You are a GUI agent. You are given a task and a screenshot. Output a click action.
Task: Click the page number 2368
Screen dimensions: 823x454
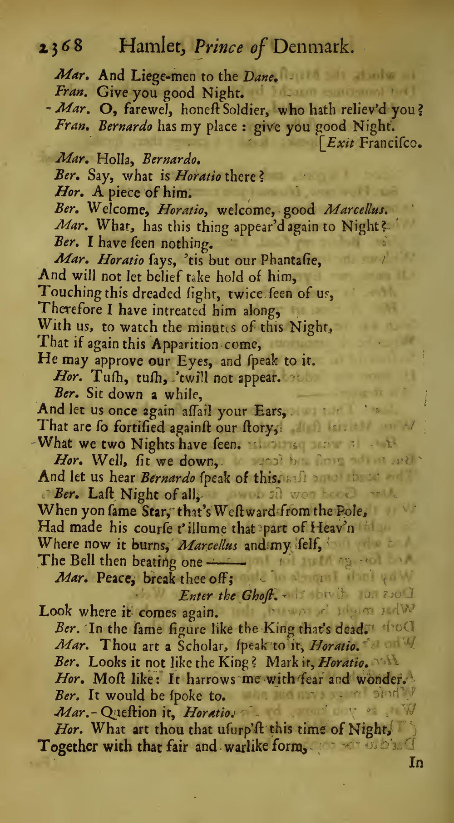59,47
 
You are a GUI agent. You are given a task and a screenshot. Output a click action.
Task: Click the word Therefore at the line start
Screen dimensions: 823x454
67,310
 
